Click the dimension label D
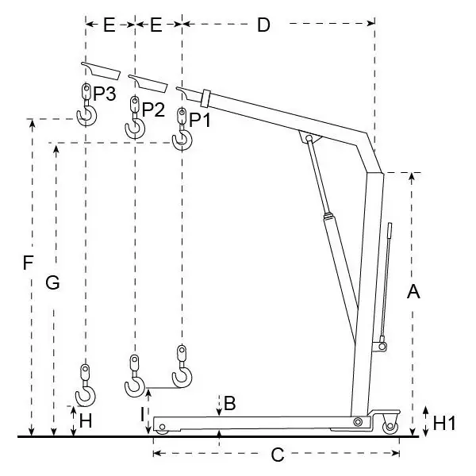[x=263, y=25]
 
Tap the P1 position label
[x=201, y=121]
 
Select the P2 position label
[x=153, y=109]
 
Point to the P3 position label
[x=105, y=94]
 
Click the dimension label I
[x=141, y=413]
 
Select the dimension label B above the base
[x=229, y=403]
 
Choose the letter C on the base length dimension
[x=277, y=455]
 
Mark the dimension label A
[x=413, y=293]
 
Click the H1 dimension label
[x=443, y=424]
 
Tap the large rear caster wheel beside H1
[x=390, y=427]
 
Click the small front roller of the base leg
[x=162, y=429]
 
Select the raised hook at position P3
[x=86, y=116]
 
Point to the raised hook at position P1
[x=182, y=140]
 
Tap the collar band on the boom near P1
[x=205, y=98]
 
